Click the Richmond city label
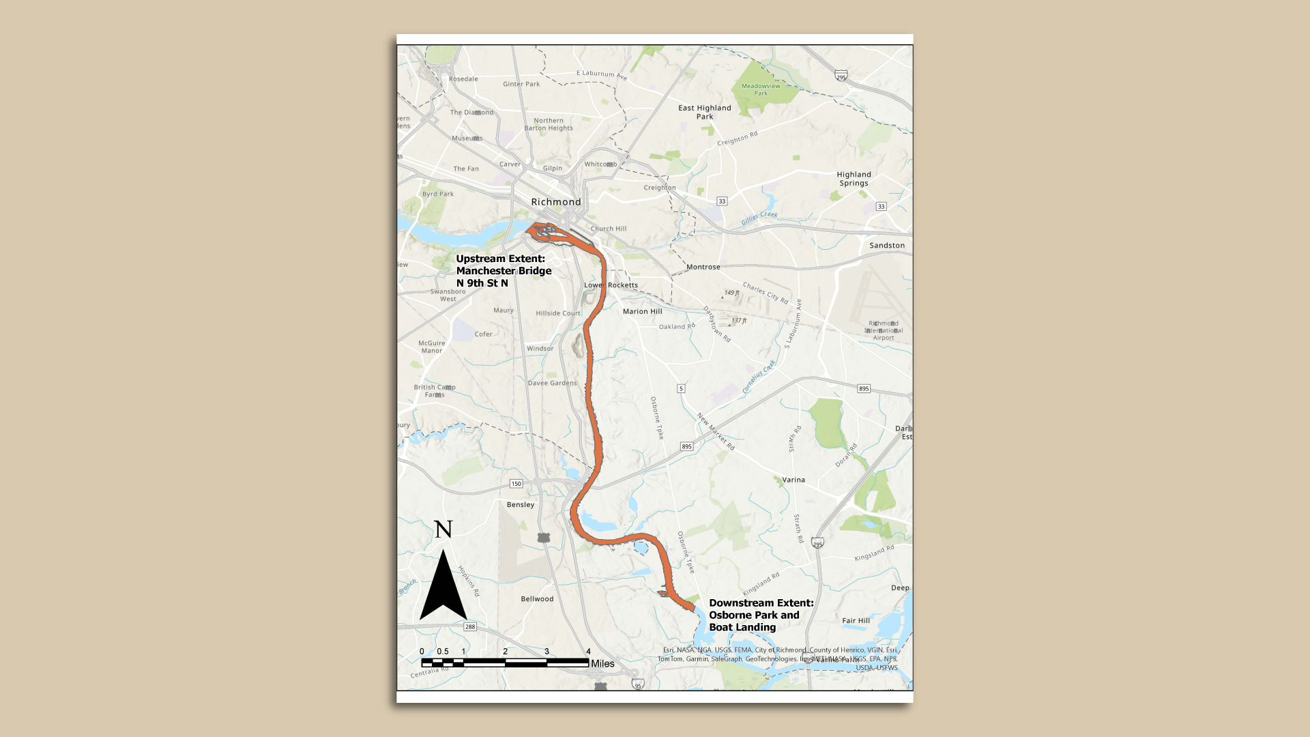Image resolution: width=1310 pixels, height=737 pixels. click(556, 202)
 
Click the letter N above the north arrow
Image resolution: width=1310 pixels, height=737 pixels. click(443, 530)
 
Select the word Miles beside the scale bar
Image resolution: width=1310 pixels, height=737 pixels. click(602, 663)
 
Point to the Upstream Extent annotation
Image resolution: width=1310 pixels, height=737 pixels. click(504, 271)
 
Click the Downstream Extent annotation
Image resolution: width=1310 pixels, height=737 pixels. click(761, 615)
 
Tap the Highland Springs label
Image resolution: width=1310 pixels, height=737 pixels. click(854, 179)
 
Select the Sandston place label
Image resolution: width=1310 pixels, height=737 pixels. click(887, 246)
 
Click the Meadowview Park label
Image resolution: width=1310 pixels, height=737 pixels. click(761, 89)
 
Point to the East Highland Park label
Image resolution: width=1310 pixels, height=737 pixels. click(705, 112)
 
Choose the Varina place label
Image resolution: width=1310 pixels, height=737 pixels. click(794, 480)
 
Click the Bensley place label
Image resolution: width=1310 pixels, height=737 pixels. click(521, 505)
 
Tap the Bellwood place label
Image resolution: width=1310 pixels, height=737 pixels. click(537, 599)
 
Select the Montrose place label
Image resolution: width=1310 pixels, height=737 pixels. click(703, 268)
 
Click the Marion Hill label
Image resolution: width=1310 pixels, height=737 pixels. click(642, 311)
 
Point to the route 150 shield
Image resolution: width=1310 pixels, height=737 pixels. click(516, 484)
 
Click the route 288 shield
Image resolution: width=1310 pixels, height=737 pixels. click(470, 626)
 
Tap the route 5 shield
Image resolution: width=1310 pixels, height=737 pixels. click(681, 388)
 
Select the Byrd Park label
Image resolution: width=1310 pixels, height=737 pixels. click(437, 194)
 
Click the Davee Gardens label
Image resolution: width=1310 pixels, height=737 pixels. click(552, 383)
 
